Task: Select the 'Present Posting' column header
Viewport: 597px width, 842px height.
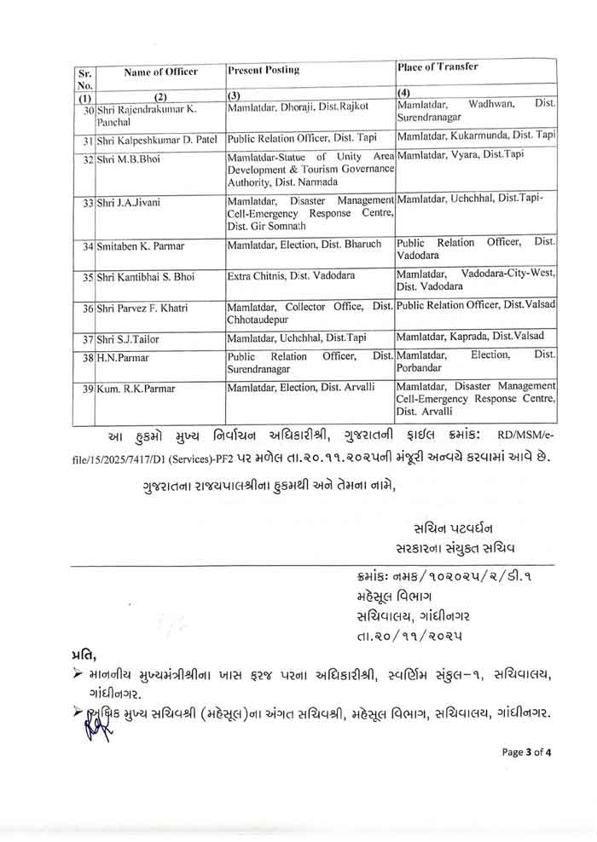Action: [264, 70]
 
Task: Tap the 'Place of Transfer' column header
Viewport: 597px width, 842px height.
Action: [438, 66]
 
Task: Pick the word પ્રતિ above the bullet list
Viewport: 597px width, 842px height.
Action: [84, 654]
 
